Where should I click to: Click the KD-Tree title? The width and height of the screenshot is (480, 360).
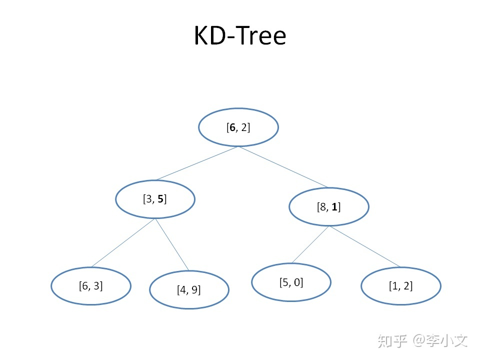[240, 35]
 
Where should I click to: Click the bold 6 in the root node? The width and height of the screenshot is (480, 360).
[232, 127]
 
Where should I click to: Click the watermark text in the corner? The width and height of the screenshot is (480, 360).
[423, 340]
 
